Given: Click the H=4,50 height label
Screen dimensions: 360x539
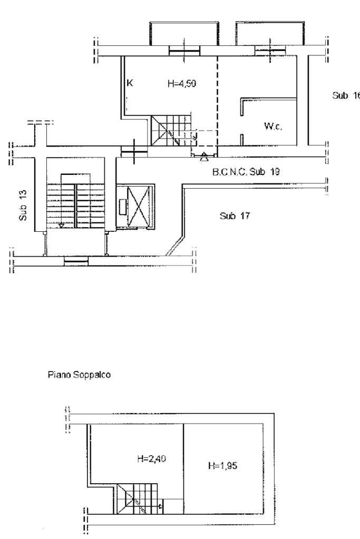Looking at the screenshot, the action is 181,84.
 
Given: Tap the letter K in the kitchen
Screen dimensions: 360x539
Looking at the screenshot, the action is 130,83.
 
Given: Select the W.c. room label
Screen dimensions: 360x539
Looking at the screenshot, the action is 273,126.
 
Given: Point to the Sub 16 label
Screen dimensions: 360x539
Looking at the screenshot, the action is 346,95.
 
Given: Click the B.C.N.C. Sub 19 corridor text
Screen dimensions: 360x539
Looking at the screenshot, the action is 246,172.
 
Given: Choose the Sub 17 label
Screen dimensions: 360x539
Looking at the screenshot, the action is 235,216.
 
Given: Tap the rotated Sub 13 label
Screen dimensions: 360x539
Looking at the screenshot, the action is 23,205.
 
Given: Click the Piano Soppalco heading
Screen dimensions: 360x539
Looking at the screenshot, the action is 79,374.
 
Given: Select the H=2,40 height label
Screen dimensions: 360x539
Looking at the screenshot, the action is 151,458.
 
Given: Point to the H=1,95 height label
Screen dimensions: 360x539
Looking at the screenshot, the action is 222,466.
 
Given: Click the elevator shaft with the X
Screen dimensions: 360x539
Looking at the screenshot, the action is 139,207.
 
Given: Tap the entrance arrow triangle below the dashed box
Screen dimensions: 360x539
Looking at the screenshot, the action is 204,158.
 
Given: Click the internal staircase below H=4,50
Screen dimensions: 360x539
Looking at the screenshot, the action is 171,131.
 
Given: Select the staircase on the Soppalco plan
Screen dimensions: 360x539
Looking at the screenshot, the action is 138,499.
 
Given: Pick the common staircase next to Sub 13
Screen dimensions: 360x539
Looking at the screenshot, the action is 75,205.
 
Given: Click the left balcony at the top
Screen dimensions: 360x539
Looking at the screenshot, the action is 184,33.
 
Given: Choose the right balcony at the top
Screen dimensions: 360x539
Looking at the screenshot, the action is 270,33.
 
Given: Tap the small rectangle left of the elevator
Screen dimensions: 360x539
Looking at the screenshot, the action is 122,207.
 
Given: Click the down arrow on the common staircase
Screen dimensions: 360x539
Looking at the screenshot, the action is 61,226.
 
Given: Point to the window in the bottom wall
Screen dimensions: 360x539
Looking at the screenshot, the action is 76,261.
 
